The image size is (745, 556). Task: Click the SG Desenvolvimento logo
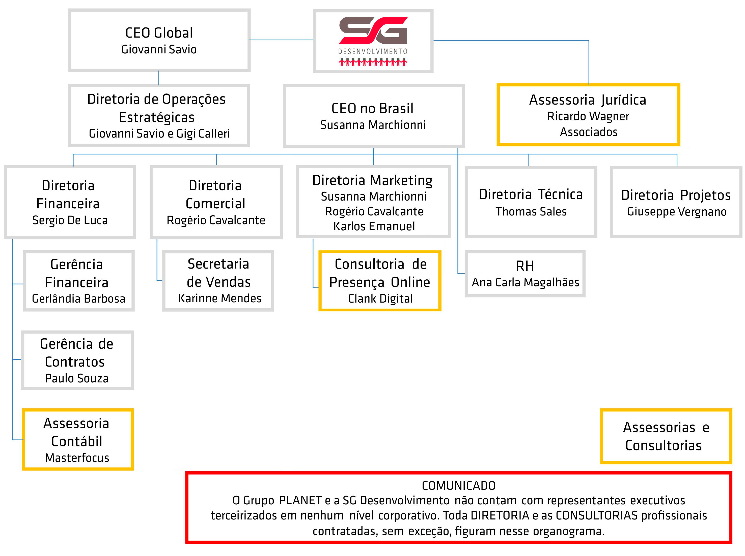(373, 41)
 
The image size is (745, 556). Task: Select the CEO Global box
(159, 40)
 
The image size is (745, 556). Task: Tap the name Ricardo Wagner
(588, 116)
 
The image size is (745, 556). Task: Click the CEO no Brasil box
(374, 116)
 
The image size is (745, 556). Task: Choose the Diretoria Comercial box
(216, 202)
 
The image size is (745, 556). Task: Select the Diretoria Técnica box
(531, 202)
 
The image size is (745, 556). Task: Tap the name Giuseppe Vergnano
(677, 212)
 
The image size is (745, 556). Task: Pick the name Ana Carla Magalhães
(525, 282)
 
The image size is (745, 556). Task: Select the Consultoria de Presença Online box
(380, 281)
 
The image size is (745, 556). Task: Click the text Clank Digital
(380, 298)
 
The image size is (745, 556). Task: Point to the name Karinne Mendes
(219, 298)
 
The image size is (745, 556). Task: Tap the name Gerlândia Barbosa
(78, 298)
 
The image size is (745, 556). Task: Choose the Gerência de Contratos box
(77, 360)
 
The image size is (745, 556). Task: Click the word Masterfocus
(77, 458)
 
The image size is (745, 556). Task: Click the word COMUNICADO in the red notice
(458, 486)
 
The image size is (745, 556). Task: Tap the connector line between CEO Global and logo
(281, 40)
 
